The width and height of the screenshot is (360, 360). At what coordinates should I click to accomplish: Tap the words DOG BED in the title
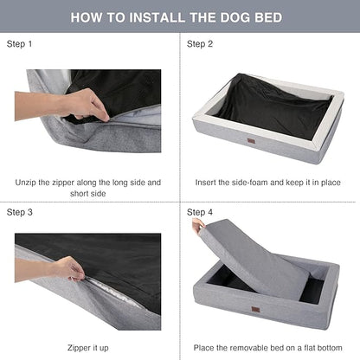pyautogui.click(x=260, y=16)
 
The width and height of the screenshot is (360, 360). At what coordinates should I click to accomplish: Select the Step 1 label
pyautogui.click(x=22, y=42)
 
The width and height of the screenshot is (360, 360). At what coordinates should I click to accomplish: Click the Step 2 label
pyautogui.click(x=202, y=42)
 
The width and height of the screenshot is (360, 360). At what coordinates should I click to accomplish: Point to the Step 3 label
pyautogui.click(x=22, y=211)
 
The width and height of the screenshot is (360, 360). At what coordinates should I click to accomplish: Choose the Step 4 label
pyautogui.click(x=202, y=211)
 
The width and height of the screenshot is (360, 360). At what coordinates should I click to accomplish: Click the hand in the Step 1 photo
pyautogui.click(x=82, y=104)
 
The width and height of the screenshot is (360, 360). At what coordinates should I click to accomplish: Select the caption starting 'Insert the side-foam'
pyautogui.click(x=269, y=183)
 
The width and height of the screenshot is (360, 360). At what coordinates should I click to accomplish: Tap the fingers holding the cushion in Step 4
pyautogui.click(x=199, y=226)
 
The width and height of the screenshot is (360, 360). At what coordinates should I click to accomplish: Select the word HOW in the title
pyautogui.click(x=87, y=16)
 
